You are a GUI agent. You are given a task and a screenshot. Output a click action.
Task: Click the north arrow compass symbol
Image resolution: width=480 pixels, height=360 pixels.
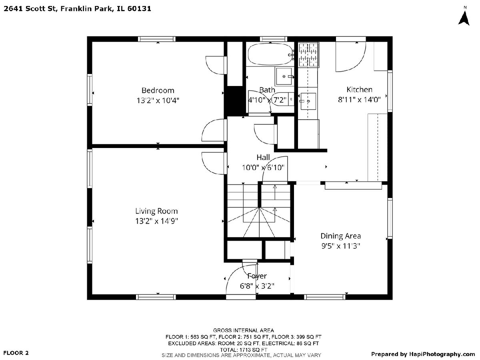tap(464, 18)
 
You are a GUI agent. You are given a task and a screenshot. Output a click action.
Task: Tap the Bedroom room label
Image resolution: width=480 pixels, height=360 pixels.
tap(158, 90)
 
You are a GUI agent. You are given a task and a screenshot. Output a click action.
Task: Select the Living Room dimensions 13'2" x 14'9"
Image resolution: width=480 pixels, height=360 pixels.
tap(156, 221)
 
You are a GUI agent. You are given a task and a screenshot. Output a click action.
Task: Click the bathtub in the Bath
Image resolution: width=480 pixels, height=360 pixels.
tap(270, 54)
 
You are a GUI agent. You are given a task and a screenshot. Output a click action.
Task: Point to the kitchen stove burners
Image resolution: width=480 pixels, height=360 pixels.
tap(308, 55)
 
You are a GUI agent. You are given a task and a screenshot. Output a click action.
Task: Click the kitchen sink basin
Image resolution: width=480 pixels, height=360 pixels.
tap(308, 101)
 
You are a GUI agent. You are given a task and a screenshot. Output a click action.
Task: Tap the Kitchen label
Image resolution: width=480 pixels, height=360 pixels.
tap(359, 89)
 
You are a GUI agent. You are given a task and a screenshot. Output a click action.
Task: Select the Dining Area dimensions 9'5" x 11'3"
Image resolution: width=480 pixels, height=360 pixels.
tap(340, 246)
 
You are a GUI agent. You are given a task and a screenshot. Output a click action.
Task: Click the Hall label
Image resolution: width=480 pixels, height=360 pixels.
tap(263, 157)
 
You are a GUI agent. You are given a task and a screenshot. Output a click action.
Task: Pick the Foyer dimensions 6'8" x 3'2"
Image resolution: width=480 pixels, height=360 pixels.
tap(257, 286)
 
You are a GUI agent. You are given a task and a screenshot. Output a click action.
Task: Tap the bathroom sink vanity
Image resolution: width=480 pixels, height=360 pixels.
tap(284, 76)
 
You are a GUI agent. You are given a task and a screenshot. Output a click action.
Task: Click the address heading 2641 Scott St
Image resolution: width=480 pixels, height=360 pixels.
tap(30, 8)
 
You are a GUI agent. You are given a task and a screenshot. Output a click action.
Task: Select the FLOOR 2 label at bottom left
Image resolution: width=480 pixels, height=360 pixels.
tap(16, 353)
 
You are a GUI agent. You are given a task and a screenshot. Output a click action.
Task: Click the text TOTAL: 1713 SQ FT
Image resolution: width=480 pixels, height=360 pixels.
tap(243, 350)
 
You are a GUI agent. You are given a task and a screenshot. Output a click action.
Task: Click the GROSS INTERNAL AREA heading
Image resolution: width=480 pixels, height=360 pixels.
tap(243, 330)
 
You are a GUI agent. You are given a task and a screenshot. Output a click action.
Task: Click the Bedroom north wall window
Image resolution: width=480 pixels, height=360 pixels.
tap(156, 39)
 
